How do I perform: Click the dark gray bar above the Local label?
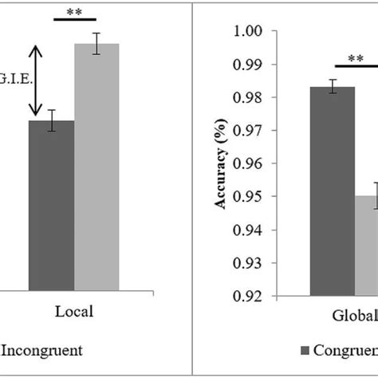[x=51, y=207]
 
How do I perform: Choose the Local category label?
[x=74, y=312]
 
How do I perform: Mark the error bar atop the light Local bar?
[x=96, y=43]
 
